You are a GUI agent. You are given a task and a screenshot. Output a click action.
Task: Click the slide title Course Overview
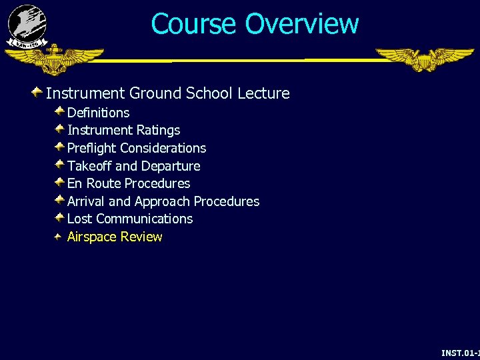[255, 24]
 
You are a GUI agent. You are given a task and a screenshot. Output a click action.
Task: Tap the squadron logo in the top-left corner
[27, 26]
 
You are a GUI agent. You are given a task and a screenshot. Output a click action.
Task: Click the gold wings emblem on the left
[53, 60]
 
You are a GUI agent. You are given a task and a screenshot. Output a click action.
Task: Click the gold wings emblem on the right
[424, 59]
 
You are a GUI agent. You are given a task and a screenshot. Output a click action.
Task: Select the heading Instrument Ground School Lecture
[167, 93]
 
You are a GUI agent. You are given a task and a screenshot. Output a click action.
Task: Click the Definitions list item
[98, 113]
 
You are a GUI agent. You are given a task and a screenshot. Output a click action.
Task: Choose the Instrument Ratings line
[123, 130]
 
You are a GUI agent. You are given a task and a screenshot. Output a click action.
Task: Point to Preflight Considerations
[137, 148]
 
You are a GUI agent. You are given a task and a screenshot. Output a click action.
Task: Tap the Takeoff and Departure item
[133, 166]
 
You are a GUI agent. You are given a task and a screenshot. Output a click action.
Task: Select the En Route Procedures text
[129, 183]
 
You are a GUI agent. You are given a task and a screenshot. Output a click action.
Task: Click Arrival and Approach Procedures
[163, 201]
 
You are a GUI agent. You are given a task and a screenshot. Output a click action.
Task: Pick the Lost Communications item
[130, 219]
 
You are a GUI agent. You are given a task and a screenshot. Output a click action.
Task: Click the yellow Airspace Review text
[115, 237]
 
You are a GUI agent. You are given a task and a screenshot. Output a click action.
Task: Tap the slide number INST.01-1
[460, 352]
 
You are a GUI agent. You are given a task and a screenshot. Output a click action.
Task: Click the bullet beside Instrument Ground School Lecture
[37, 92]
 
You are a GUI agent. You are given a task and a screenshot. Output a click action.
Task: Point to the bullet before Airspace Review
[59, 236]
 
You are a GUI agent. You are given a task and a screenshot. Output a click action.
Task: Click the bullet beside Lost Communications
[59, 217]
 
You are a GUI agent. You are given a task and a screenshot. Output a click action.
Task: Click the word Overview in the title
[301, 24]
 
